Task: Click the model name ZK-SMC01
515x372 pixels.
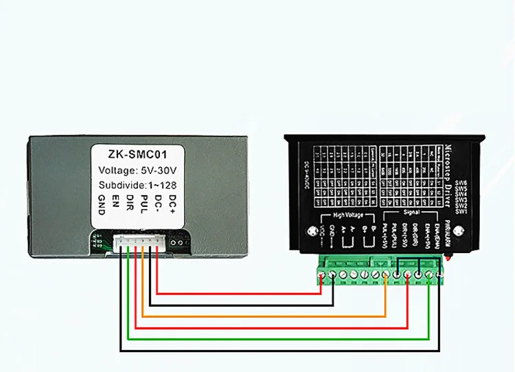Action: (139, 153)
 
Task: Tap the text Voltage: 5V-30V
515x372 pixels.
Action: (138, 170)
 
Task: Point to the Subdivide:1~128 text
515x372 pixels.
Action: (139, 185)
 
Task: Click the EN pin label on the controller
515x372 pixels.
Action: (116, 204)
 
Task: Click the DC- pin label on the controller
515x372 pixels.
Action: (158, 204)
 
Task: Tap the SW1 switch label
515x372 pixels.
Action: (461, 210)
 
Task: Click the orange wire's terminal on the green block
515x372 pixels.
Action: (386, 275)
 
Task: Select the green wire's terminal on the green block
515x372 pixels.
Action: (429, 275)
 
